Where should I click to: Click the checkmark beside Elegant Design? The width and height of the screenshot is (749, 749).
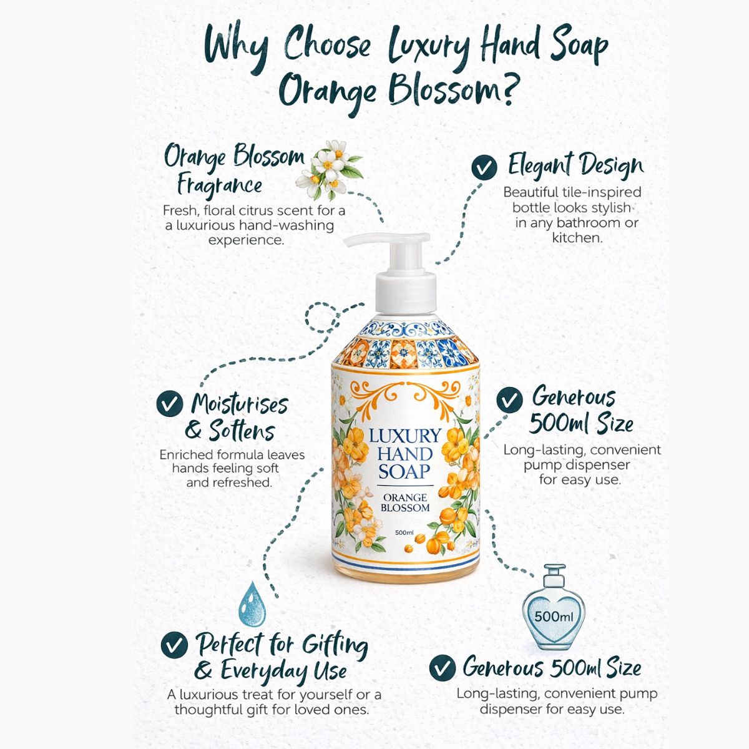pos(484,167)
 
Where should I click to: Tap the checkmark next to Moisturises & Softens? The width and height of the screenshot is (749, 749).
pos(169,403)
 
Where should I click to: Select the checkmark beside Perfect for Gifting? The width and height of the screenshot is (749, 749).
pos(174,645)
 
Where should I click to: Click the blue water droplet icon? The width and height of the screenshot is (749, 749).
pos(252,604)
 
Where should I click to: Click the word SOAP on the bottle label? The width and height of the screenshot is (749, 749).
pos(404,471)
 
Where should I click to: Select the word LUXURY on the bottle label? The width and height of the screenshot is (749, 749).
pos(404,436)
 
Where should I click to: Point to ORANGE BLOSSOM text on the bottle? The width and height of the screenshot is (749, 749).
pos(405,502)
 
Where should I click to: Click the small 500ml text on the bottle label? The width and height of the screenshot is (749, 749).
pos(404,532)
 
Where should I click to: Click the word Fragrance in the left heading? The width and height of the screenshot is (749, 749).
pos(219,185)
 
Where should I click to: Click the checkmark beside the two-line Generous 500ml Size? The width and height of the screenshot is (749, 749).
pos(509,399)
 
